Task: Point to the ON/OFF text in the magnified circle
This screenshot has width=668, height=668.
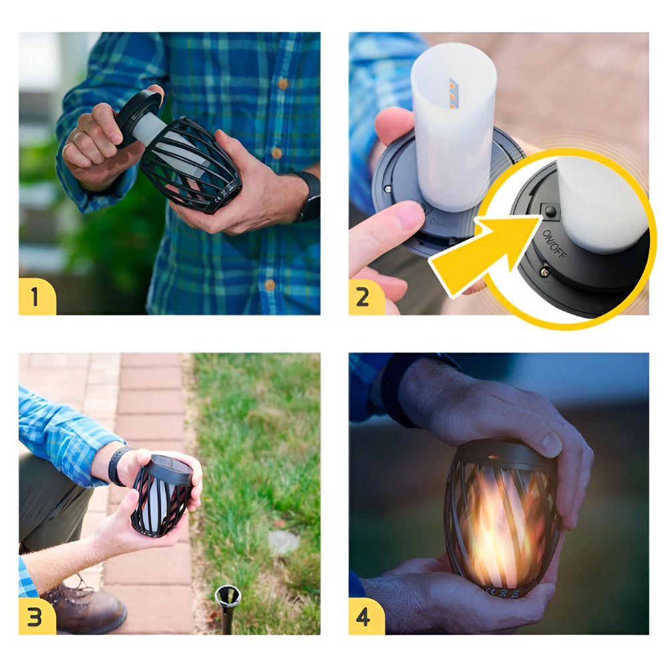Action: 553,244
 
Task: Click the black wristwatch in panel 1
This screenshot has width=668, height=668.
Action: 309,197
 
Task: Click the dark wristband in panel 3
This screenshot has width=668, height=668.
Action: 117,466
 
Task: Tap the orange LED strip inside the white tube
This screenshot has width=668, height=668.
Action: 453,94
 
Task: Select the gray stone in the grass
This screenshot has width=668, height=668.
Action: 283,542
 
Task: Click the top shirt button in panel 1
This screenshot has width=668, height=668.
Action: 283,83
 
